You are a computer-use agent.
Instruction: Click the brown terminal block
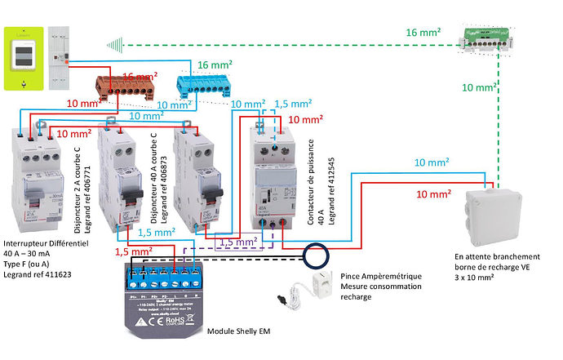click(x=126, y=85)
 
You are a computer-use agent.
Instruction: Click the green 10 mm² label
click(x=480, y=87)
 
